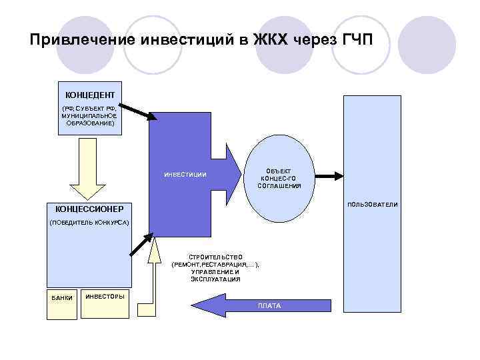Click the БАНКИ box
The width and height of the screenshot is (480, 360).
point(61,298)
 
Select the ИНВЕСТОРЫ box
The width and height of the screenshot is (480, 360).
point(105,296)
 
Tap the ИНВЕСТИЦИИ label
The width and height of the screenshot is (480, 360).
point(185,175)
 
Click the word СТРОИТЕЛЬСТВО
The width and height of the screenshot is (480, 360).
point(215,257)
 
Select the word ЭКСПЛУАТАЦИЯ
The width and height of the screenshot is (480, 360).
point(215,279)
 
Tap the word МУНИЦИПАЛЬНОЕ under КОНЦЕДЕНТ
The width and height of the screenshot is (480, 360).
point(89,115)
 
